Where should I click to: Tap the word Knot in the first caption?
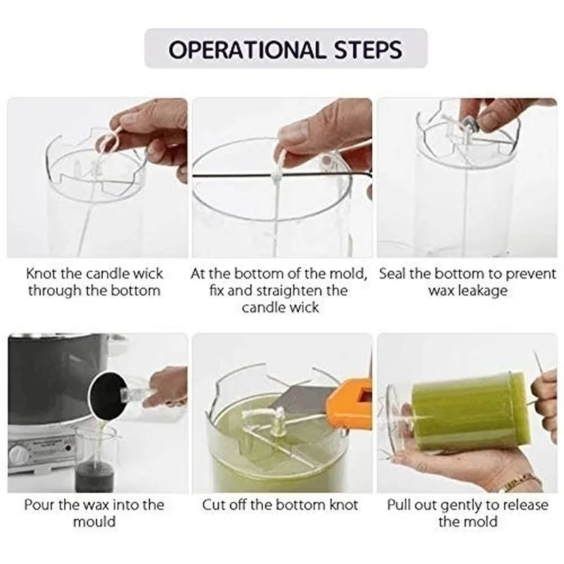click(41, 274)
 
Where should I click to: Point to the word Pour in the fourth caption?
click(37, 505)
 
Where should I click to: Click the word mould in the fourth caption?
click(94, 522)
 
